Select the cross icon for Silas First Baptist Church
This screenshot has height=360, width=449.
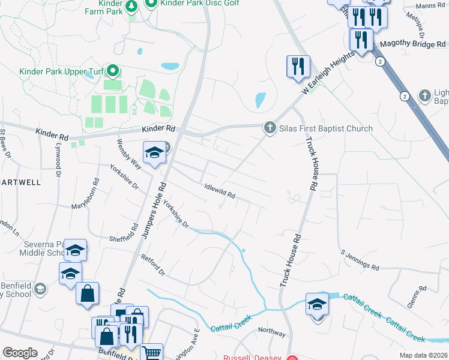(x=270, y=128)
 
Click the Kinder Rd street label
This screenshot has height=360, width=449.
(x=159, y=128)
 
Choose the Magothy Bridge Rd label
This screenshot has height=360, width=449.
(x=414, y=44)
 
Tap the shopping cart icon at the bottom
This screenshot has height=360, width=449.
(x=151, y=353)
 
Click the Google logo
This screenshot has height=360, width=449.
(x=20, y=353)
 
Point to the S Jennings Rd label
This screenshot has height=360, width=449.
(x=360, y=260)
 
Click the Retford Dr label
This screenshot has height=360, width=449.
(x=152, y=264)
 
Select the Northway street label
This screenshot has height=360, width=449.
(x=271, y=331)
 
